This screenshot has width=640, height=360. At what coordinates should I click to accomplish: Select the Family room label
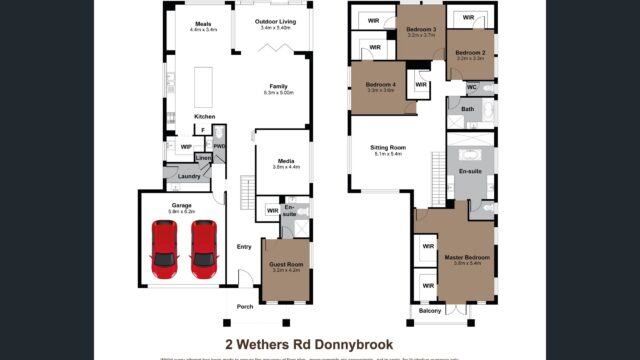coord(278,86)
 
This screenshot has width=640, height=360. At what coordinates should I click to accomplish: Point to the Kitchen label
coord(204,116)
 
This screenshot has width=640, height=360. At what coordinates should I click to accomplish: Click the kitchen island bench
coord(204,87)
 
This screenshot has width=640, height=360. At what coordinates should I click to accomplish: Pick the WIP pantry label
coord(186,146)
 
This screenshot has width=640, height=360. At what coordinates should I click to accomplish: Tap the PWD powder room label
coord(219,146)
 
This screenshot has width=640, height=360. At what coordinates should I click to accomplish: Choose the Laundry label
coord(189,177)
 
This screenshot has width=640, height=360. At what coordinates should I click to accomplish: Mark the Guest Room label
coord(286,264)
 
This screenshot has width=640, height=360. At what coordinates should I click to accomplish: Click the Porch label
coord(244,306)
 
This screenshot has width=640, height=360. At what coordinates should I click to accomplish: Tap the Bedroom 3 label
coord(419,30)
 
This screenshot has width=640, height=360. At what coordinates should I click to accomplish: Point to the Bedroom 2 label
coord(470,52)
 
